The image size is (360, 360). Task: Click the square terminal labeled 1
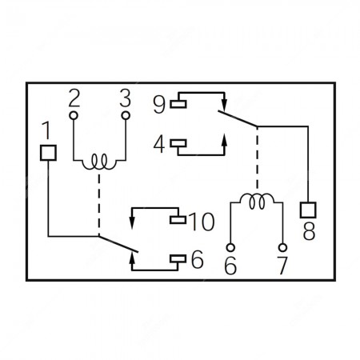pos(48,153)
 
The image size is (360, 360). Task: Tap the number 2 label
pos(74,98)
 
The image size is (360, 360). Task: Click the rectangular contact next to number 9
pos(178,104)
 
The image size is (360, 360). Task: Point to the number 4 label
pos(159,145)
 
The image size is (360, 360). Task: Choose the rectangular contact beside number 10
pos(178,220)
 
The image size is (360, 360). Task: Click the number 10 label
pos(202,222)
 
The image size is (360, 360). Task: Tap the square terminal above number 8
pos(308,210)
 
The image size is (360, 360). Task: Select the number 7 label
pos(282,266)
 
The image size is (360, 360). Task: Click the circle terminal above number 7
pos(282,247)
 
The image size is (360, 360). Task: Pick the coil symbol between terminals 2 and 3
pos(99,162)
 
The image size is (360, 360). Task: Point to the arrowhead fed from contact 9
pos(224,105)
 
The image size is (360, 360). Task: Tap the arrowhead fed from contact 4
pos(224,140)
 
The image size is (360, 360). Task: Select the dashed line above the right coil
pos(257,159)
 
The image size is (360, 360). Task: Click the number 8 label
pos(309,231)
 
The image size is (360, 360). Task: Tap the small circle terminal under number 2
pos(74,115)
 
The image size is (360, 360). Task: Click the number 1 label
pos(47,130)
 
